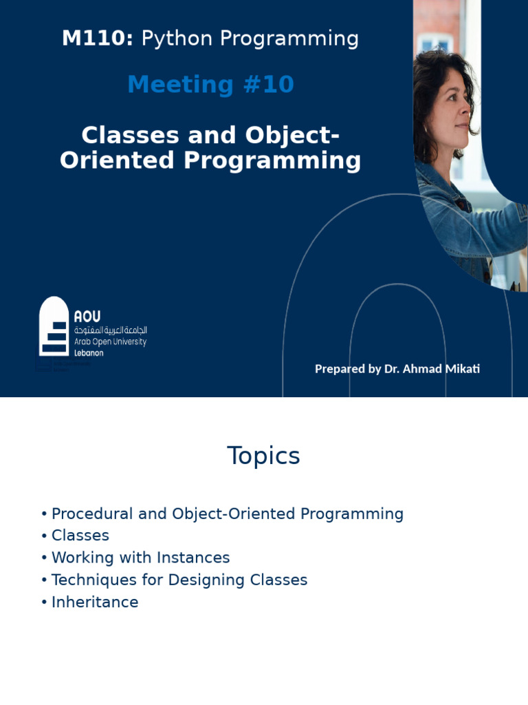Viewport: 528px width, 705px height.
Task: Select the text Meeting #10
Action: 210,85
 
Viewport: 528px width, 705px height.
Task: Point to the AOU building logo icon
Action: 54,326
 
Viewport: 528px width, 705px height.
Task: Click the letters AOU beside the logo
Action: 87,316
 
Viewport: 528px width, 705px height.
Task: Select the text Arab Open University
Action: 110,341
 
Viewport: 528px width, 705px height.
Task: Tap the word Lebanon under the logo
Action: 89,352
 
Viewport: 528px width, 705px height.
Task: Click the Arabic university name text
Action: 110,330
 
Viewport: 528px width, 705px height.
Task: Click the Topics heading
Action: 263,456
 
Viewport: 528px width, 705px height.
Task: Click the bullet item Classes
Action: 80,536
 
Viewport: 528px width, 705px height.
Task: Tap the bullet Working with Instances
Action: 140,558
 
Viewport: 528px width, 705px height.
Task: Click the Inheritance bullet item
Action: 95,602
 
